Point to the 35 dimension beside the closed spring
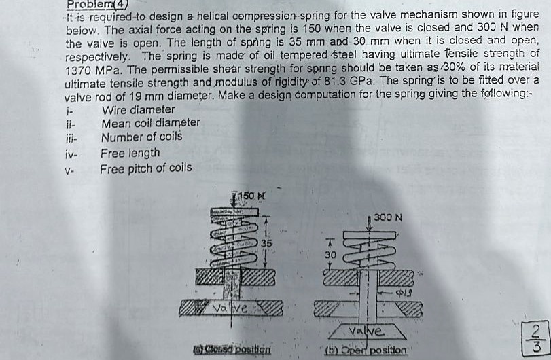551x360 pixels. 268,242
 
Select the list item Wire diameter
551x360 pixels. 138,110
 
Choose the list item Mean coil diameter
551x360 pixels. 150,123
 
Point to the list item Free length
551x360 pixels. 130,154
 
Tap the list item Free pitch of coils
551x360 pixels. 146,168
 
